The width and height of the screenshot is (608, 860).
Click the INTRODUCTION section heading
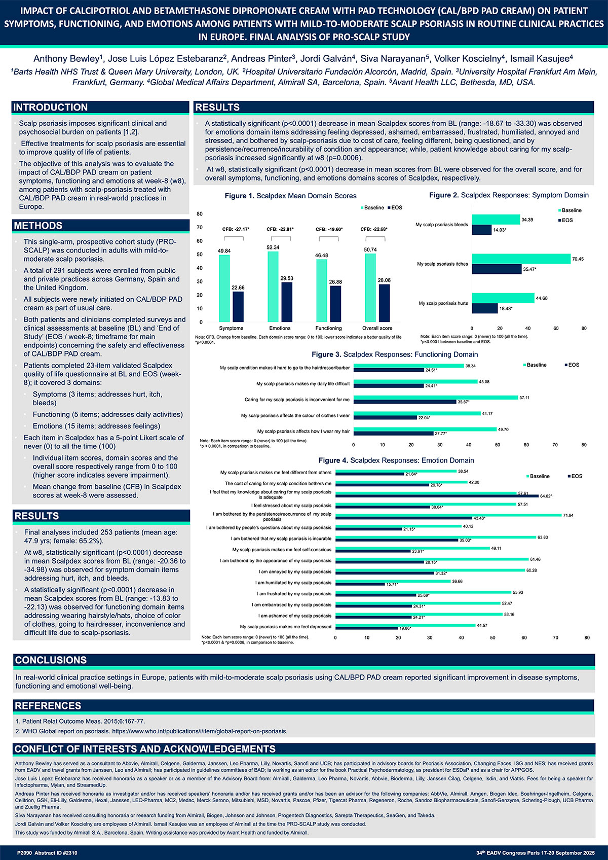point(51,107)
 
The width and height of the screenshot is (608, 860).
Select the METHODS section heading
point(39,226)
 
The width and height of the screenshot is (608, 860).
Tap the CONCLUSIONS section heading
point(51,660)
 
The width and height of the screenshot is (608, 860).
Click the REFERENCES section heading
point(49,705)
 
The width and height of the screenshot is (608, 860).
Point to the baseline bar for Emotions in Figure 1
point(273,286)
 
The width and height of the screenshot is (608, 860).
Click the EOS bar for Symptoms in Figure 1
point(238,306)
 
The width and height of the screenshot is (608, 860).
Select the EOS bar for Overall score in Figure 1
point(384,303)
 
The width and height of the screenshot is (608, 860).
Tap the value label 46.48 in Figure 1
point(321,256)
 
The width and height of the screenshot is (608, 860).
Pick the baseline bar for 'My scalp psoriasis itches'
point(521,259)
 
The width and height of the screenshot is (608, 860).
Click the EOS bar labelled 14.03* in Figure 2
point(481,230)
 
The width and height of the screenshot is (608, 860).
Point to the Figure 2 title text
point(509,195)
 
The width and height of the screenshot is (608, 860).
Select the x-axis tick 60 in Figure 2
point(556,328)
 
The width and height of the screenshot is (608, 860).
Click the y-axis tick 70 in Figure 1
point(200,227)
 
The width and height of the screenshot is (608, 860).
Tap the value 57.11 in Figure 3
point(524,398)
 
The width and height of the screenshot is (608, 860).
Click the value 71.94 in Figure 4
point(569,515)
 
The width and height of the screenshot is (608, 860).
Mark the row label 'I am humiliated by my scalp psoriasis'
point(293,583)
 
